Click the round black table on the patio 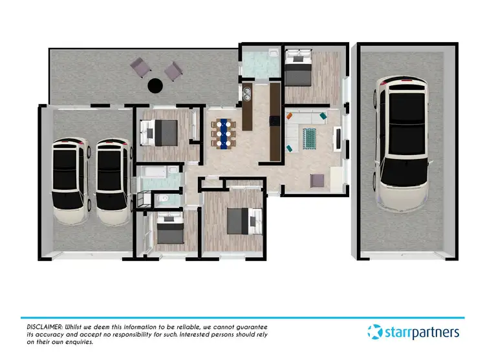pos(155,85)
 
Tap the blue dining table pos(224,132)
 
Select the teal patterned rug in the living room pos(308,137)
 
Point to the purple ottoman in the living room pos(317,181)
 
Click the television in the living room pos(338,138)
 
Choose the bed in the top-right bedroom pos(298,69)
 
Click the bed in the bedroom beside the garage pos(162,132)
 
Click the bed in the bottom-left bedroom pos(169,230)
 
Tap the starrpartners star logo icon pos(375,332)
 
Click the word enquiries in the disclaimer pos(81,342)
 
